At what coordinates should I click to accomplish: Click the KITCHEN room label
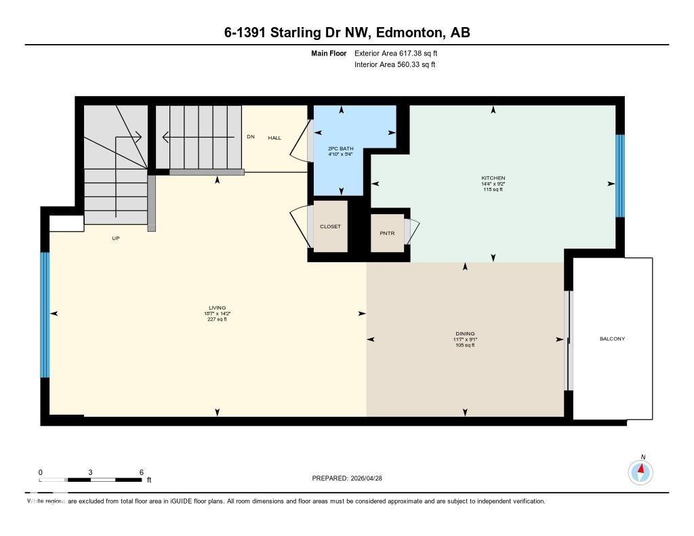493,178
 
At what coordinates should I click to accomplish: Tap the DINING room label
465,333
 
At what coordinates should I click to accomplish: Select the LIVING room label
217,308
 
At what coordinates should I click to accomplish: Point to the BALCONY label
612,339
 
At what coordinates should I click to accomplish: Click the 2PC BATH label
341,148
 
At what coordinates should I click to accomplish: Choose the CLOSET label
330,226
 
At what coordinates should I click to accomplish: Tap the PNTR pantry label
387,232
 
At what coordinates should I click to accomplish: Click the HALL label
274,138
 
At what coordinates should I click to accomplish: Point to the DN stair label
250,137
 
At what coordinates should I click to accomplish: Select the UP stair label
116,239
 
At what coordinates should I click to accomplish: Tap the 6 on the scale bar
140,472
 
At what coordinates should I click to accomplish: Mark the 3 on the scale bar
90,472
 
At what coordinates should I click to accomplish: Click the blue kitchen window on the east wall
619,176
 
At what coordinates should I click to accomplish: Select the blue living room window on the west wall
45,314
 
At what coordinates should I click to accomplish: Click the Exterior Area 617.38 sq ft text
401,53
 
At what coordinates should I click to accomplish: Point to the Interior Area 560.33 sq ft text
394,65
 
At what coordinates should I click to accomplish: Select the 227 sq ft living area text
217,319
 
